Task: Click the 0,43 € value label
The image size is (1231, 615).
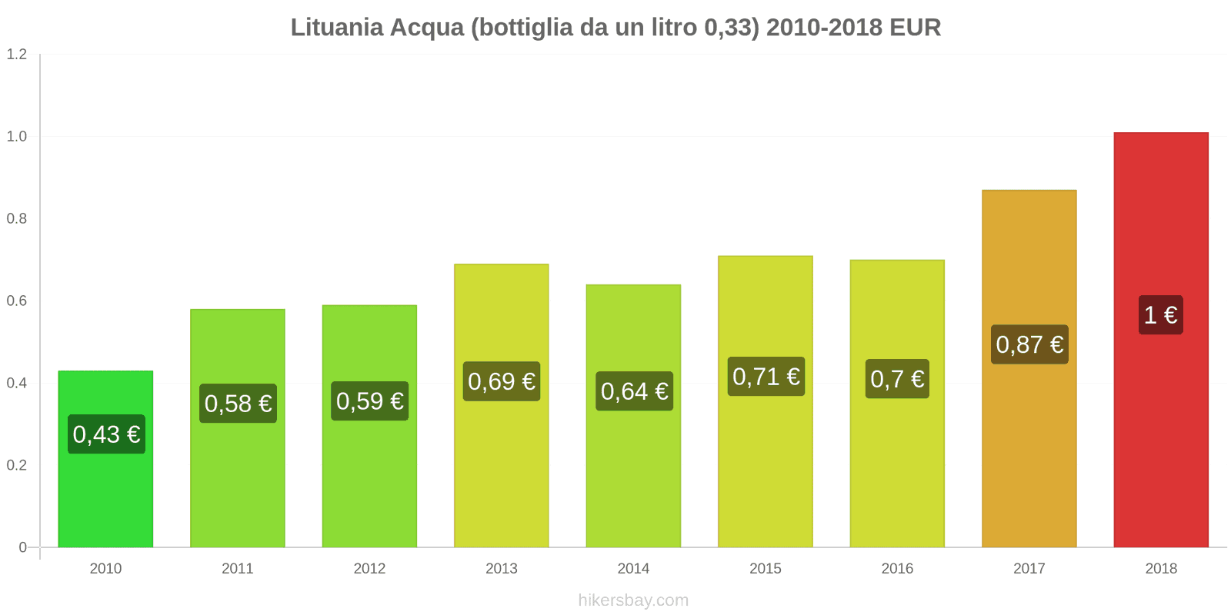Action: click(106, 434)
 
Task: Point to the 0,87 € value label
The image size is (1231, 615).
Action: click(1029, 344)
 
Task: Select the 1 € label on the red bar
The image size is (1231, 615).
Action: click(1160, 315)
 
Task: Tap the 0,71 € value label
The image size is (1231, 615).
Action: click(766, 377)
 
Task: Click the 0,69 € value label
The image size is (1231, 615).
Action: click(502, 381)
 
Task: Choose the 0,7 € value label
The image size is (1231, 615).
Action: click(897, 379)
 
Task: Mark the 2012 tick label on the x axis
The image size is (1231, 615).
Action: click(369, 569)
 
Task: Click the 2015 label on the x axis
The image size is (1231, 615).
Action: click(766, 569)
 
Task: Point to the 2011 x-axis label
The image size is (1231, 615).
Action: click(238, 569)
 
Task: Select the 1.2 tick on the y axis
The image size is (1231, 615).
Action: click(17, 55)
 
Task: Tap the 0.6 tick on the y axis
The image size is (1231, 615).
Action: click(17, 301)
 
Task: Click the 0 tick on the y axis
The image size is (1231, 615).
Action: click(23, 547)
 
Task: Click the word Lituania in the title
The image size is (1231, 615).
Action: click(336, 28)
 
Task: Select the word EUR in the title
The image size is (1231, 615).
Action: click(915, 28)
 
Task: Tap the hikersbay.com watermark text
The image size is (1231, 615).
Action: click(633, 600)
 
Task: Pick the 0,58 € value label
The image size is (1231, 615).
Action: click(238, 404)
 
